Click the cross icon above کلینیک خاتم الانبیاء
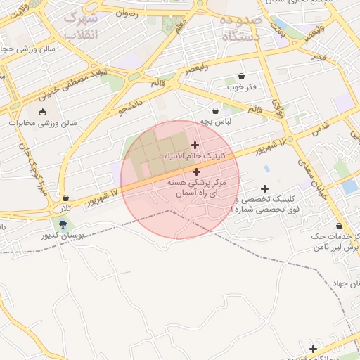tap(195, 145)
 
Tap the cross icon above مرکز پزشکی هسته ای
tap(195, 172)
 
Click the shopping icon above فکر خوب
tap(242, 77)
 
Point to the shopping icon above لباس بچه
tap(215, 110)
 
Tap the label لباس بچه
tap(214, 121)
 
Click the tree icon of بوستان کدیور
tap(65, 225)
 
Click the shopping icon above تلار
tap(65, 199)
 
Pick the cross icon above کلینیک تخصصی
tap(264, 188)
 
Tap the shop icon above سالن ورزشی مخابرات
tap(41, 111)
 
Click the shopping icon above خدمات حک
tap(340, 227)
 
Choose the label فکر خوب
tap(241, 87)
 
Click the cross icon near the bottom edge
tap(313, 349)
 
